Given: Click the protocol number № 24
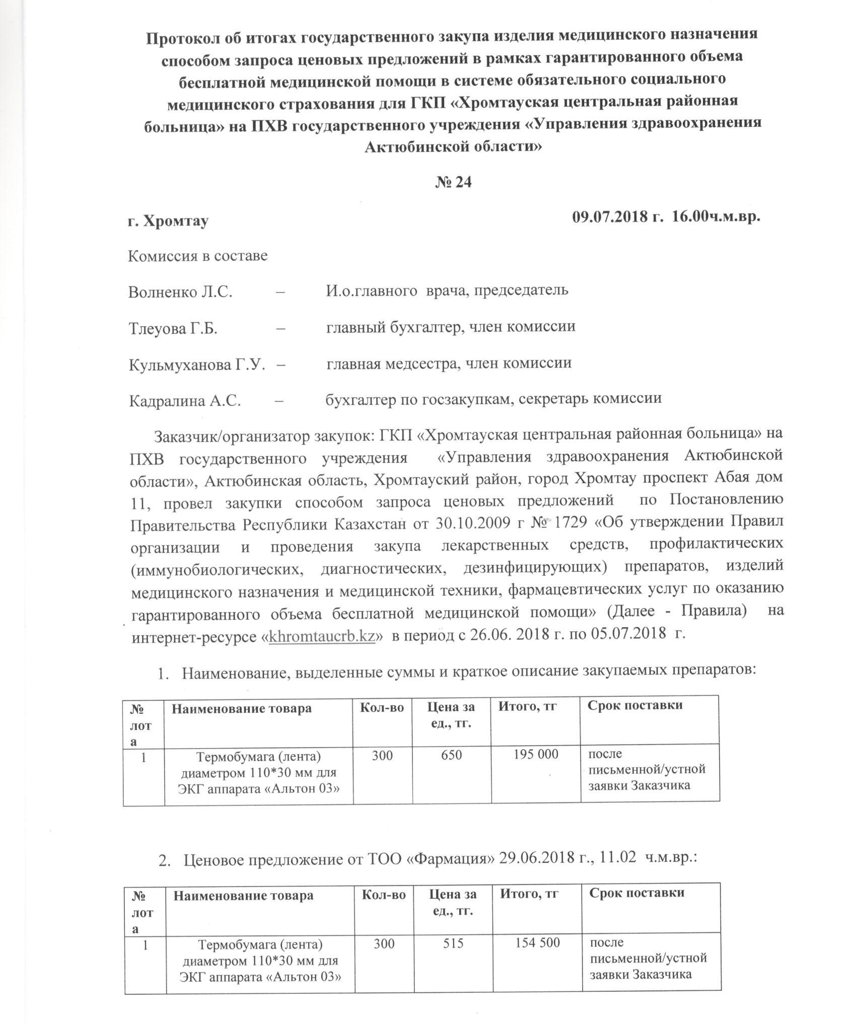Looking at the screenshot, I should [x=453, y=182].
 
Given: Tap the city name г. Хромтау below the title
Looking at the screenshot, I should [x=168, y=221].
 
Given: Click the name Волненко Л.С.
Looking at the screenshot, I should [x=180, y=293].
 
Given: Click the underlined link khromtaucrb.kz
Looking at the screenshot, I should [x=323, y=636].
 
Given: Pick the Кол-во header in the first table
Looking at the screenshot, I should [x=382, y=708].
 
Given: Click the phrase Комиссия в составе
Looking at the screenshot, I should [x=197, y=256].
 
